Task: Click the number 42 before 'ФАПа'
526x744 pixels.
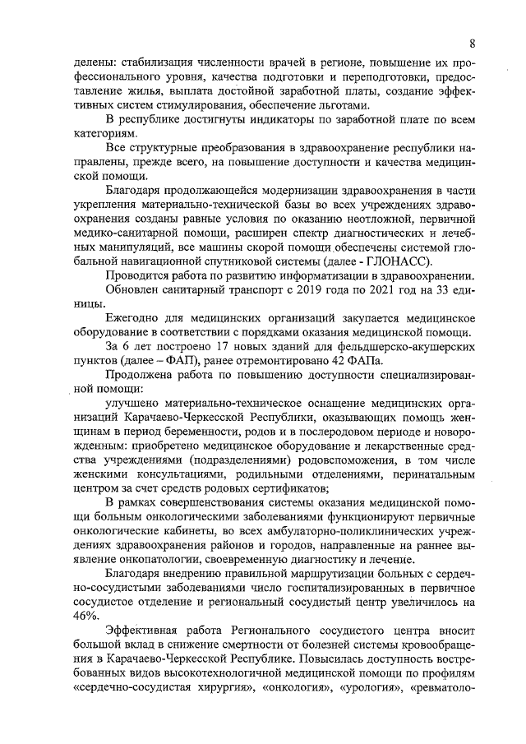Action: coord(324,363)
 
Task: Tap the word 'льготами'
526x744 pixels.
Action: coord(349,104)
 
